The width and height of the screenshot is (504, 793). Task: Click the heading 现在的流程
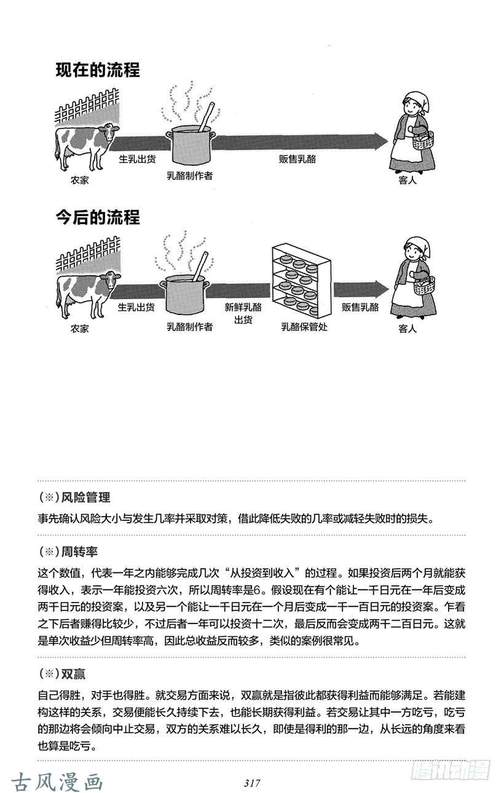point(98,70)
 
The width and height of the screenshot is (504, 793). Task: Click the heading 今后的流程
point(98,217)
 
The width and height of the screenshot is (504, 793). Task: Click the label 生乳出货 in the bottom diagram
point(136,307)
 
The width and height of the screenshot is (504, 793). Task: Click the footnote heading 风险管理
point(86,497)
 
